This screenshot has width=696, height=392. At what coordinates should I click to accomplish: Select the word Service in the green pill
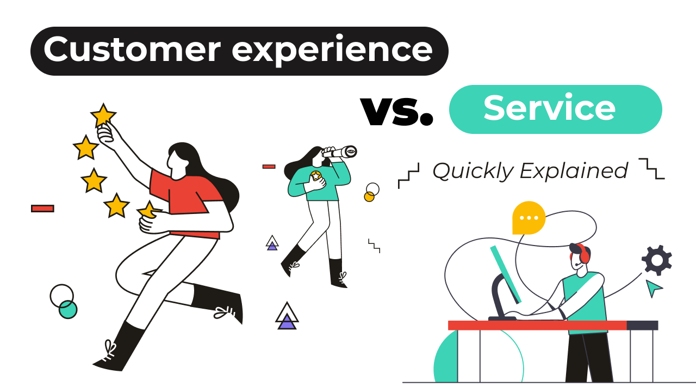coord(549,108)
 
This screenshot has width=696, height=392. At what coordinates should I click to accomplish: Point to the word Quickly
coord(473,171)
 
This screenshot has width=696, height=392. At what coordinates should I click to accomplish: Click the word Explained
coord(574,171)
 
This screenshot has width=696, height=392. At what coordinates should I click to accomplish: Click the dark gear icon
coord(657,260)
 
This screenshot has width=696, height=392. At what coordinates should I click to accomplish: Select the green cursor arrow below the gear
coord(653,287)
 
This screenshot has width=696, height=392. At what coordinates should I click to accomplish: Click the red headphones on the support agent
coord(583,254)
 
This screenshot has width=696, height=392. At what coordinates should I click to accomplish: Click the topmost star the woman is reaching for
coord(103,115)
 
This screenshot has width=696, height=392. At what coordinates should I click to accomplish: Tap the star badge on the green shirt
coord(315,176)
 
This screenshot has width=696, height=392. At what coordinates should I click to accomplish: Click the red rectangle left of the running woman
coord(42,208)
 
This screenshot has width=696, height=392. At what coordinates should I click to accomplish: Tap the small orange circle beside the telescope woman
coord(369,197)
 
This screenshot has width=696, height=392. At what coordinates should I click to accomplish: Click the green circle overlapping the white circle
coord(68,309)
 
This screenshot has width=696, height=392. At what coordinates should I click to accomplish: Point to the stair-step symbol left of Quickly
coord(409,175)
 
